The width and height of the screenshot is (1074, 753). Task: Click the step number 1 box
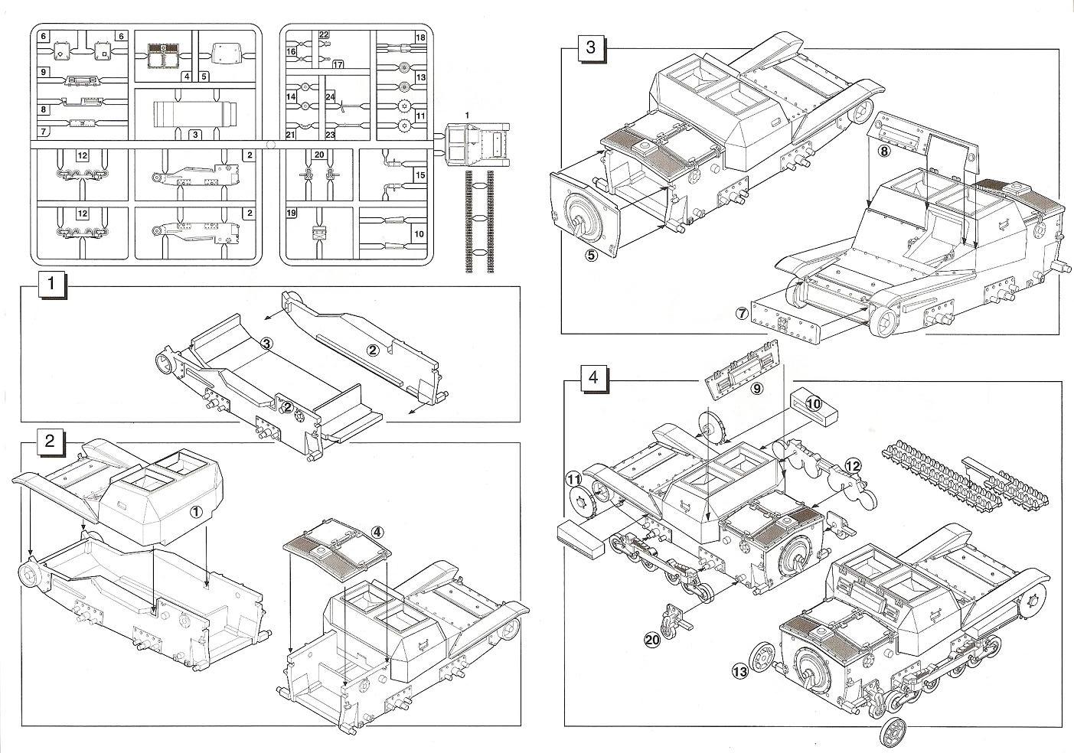click(51, 284)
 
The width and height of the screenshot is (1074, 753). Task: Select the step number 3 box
click(589, 47)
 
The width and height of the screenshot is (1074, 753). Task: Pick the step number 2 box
click(50, 441)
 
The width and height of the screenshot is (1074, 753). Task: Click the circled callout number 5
click(591, 256)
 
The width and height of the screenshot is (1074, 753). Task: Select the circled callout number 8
click(884, 152)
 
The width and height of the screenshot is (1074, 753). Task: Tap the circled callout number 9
click(756, 388)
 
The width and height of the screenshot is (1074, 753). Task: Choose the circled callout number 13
click(739, 671)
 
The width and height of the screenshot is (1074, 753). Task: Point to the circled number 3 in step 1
click(266, 344)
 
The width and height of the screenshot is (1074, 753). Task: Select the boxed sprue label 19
click(292, 214)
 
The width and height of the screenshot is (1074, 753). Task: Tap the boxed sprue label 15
click(419, 176)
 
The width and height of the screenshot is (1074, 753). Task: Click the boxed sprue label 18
click(420, 37)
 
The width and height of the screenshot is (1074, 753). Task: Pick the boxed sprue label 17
click(338, 64)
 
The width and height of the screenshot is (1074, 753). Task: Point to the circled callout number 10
click(812, 403)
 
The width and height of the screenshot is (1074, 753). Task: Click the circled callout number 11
click(573, 480)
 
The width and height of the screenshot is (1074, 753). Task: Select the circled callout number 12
click(854, 465)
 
